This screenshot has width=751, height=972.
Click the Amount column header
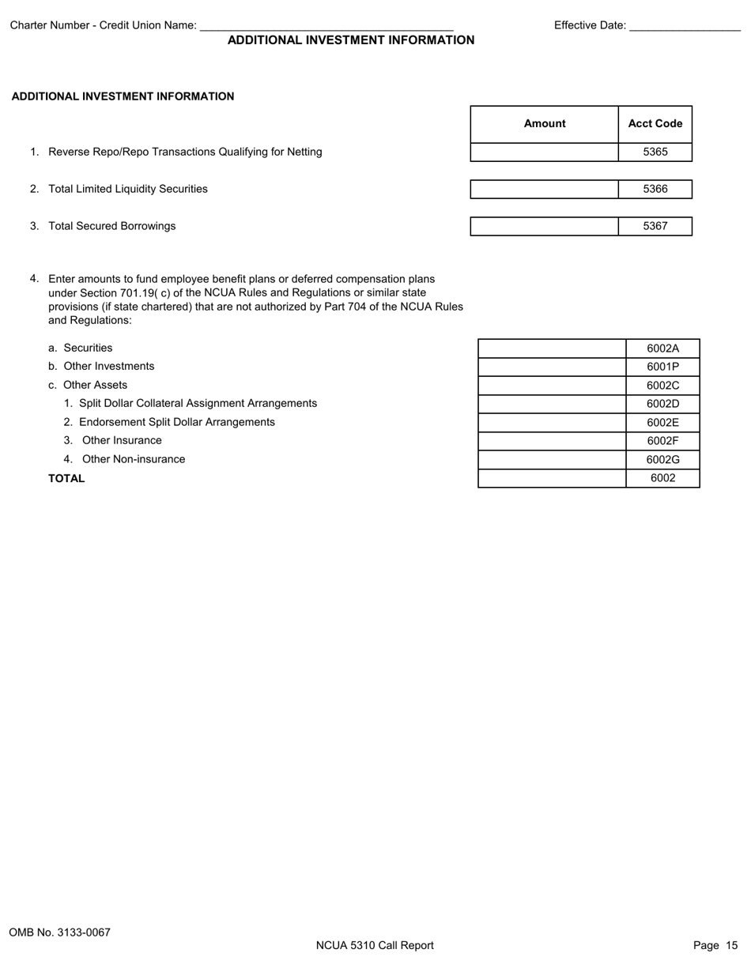click(544, 124)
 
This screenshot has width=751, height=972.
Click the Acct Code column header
click(655, 124)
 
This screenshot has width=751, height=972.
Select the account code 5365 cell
click(655, 153)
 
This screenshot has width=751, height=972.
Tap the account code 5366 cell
click(655, 190)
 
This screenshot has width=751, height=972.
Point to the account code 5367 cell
click(655, 227)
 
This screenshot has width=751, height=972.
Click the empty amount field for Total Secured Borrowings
click(544, 227)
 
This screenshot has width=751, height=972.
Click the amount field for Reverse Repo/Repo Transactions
click(544, 153)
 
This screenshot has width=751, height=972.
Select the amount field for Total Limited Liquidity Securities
click(544, 190)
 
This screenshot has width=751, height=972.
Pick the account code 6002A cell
click(662, 348)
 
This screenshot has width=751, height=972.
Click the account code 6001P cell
click(662, 367)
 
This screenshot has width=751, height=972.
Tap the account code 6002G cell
click(662, 460)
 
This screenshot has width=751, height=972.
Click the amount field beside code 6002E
click(552, 423)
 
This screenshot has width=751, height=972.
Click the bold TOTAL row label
click(66, 479)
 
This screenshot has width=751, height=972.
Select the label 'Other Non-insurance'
click(133, 460)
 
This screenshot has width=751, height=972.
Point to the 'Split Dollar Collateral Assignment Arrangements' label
click(198, 404)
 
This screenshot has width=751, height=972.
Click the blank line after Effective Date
click(685, 26)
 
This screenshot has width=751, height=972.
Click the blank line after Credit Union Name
click(326, 26)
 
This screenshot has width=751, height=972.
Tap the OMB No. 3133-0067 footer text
click(60, 932)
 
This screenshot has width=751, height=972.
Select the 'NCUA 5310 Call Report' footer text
click(375, 946)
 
